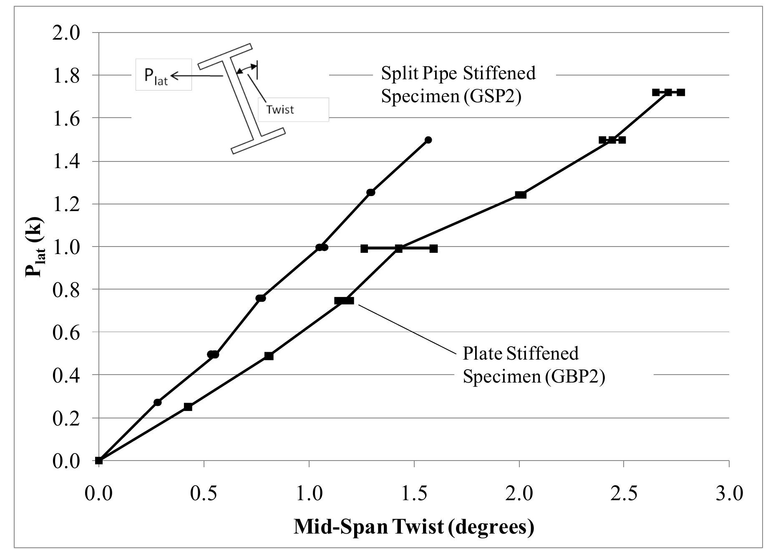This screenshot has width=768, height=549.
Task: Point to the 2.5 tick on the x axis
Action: pos(624,493)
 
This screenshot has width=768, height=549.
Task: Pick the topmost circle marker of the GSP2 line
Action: pos(428,140)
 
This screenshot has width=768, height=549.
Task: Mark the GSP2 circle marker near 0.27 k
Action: pos(157,402)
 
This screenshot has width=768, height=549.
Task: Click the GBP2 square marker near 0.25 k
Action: pos(188,407)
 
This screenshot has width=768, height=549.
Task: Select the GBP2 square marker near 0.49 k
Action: pos(269,356)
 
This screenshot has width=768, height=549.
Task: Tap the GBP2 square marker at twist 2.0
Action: pos(520,195)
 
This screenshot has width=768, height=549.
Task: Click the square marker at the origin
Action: pos(99,461)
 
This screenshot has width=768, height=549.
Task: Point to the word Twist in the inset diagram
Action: pos(280,110)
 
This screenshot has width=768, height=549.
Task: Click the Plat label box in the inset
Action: pos(163,75)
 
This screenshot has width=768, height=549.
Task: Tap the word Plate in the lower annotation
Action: pos(482,353)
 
